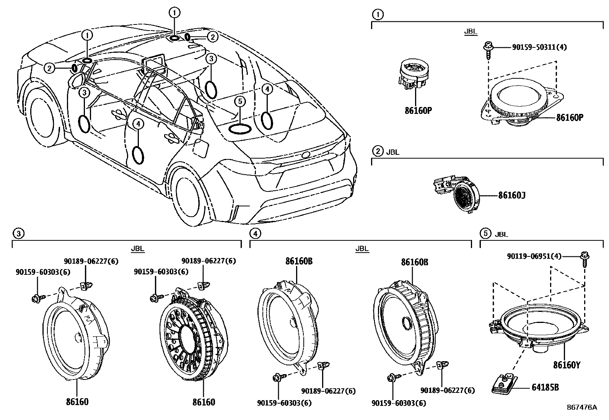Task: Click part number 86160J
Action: [x=511, y=195]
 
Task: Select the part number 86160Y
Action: [x=567, y=365]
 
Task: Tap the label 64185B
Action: [x=545, y=387]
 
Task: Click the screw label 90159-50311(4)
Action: [x=539, y=47]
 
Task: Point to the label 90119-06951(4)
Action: [x=534, y=256]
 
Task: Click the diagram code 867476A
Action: [x=581, y=407]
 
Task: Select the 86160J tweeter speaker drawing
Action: [x=457, y=193]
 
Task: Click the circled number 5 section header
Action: [x=485, y=233]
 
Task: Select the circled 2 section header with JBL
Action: [x=378, y=151]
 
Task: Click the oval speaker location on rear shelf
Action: [x=240, y=128]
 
